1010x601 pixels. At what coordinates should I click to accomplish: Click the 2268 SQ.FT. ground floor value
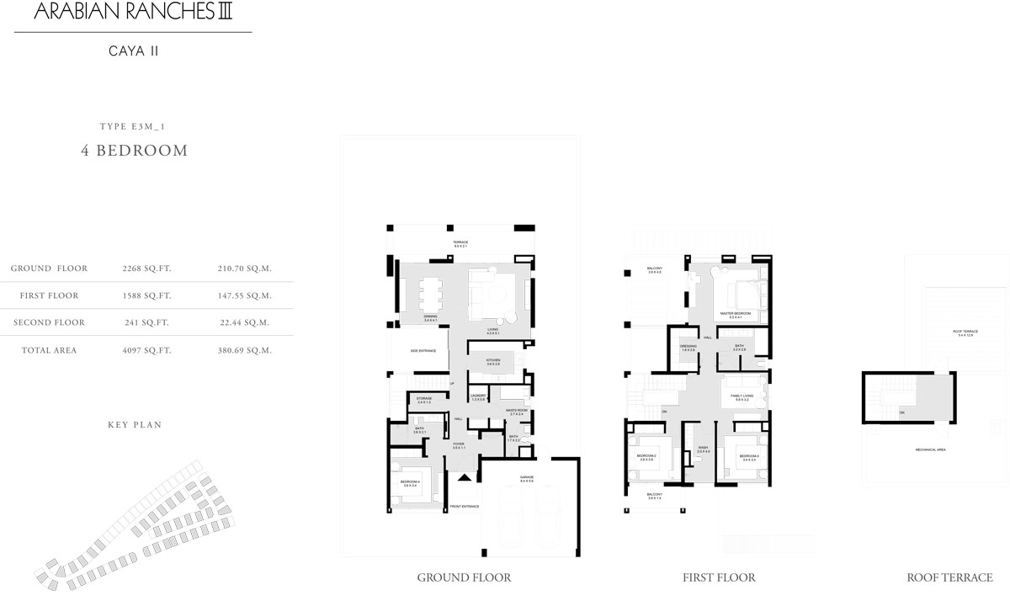(x=146, y=269)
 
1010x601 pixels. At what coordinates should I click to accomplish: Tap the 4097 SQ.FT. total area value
(x=146, y=350)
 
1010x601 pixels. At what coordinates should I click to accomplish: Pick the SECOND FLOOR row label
(x=49, y=322)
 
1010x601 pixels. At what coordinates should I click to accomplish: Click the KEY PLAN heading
(x=135, y=425)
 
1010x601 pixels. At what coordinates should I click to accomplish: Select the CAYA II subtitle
(x=134, y=51)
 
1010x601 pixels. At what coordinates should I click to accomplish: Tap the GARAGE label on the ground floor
(x=527, y=477)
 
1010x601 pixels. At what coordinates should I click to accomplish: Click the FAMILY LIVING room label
(x=742, y=396)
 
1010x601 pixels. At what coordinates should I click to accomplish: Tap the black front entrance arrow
(x=464, y=477)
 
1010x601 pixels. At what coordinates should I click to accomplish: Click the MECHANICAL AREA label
(x=930, y=450)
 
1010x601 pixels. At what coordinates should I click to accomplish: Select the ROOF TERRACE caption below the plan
(x=949, y=577)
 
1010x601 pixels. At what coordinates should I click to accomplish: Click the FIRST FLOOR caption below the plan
(x=719, y=577)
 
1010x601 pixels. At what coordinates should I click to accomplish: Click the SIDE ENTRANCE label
(x=423, y=350)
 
